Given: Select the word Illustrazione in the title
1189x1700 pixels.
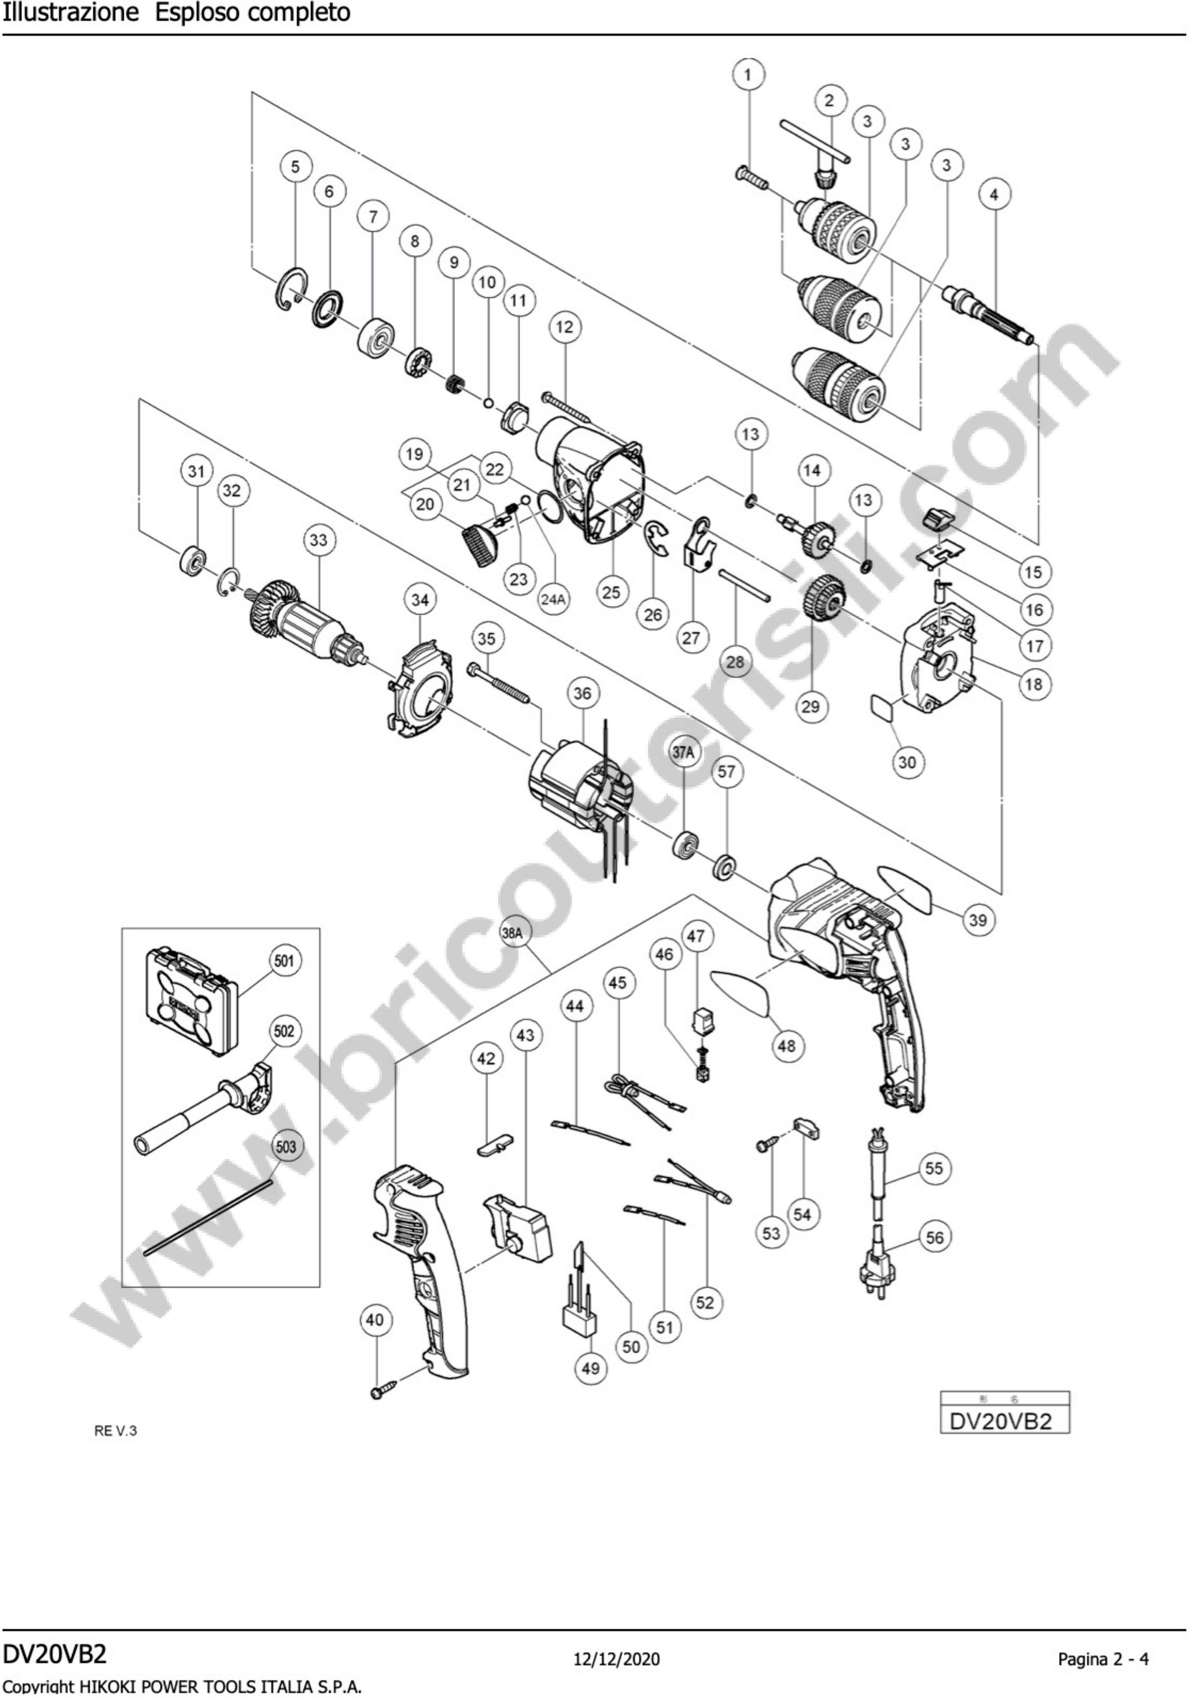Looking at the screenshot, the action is pyautogui.click(x=70, y=13).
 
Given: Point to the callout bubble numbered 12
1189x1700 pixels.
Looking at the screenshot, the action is pyautogui.click(x=565, y=327).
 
